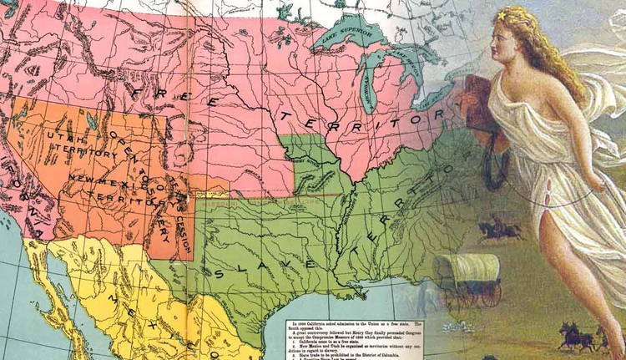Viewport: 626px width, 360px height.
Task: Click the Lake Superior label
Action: point(344,38)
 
